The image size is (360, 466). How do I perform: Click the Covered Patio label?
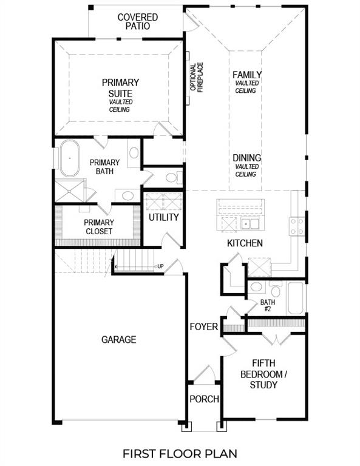coord(137,22)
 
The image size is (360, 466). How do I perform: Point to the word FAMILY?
coord(247,75)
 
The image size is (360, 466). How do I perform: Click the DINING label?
coord(247,158)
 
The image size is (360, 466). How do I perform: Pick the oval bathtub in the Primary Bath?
coord(69,159)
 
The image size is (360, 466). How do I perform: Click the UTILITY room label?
coord(164,217)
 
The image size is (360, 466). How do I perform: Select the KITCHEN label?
coord(245,243)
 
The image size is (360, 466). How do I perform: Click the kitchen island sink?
coord(250,224)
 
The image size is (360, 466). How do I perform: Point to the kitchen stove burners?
coord(297,226)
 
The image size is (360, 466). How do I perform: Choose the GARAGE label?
coord(119,340)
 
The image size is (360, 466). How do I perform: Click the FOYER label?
coord(203,327)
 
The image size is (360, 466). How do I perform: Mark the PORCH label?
coord(204,399)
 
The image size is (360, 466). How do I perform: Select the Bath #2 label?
coord(268,305)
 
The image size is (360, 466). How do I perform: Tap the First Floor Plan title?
coord(180,453)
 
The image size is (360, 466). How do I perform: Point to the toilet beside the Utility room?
coord(172,178)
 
